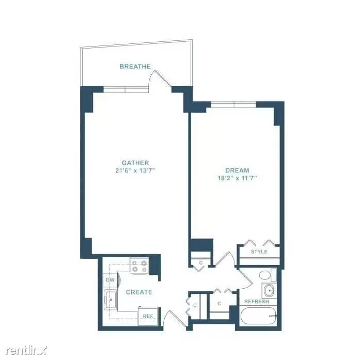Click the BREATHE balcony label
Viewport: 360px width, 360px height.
tap(135, 67)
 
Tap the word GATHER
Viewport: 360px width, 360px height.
tap(135, 163)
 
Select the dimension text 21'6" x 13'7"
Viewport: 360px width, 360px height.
tap(135, 170)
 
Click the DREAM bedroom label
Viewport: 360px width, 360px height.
tap(237, 170)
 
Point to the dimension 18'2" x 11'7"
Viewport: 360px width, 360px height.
tap(237, 178)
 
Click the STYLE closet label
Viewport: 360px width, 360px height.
tap(259, 252)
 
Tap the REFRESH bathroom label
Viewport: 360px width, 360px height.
tap(257, 302)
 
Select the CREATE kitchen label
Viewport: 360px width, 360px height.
tap(139, 292)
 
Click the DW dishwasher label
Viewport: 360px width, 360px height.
tap(110, 280)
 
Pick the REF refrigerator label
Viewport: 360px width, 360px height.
tap(148, 317)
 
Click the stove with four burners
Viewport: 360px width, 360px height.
tap(139, 265)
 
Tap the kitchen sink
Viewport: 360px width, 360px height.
tap(110, 300)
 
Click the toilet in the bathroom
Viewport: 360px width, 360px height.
tap(268, 275)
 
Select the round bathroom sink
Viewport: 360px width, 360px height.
tap(269, 291)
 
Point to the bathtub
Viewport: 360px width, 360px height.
tap(258, 316)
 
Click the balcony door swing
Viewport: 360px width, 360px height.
tap(161, 78)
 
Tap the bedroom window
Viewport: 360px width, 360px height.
tap(233, 105)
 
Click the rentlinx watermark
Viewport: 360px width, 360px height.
tap(26, 350)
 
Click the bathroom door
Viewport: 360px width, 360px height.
tap(245, 279)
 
